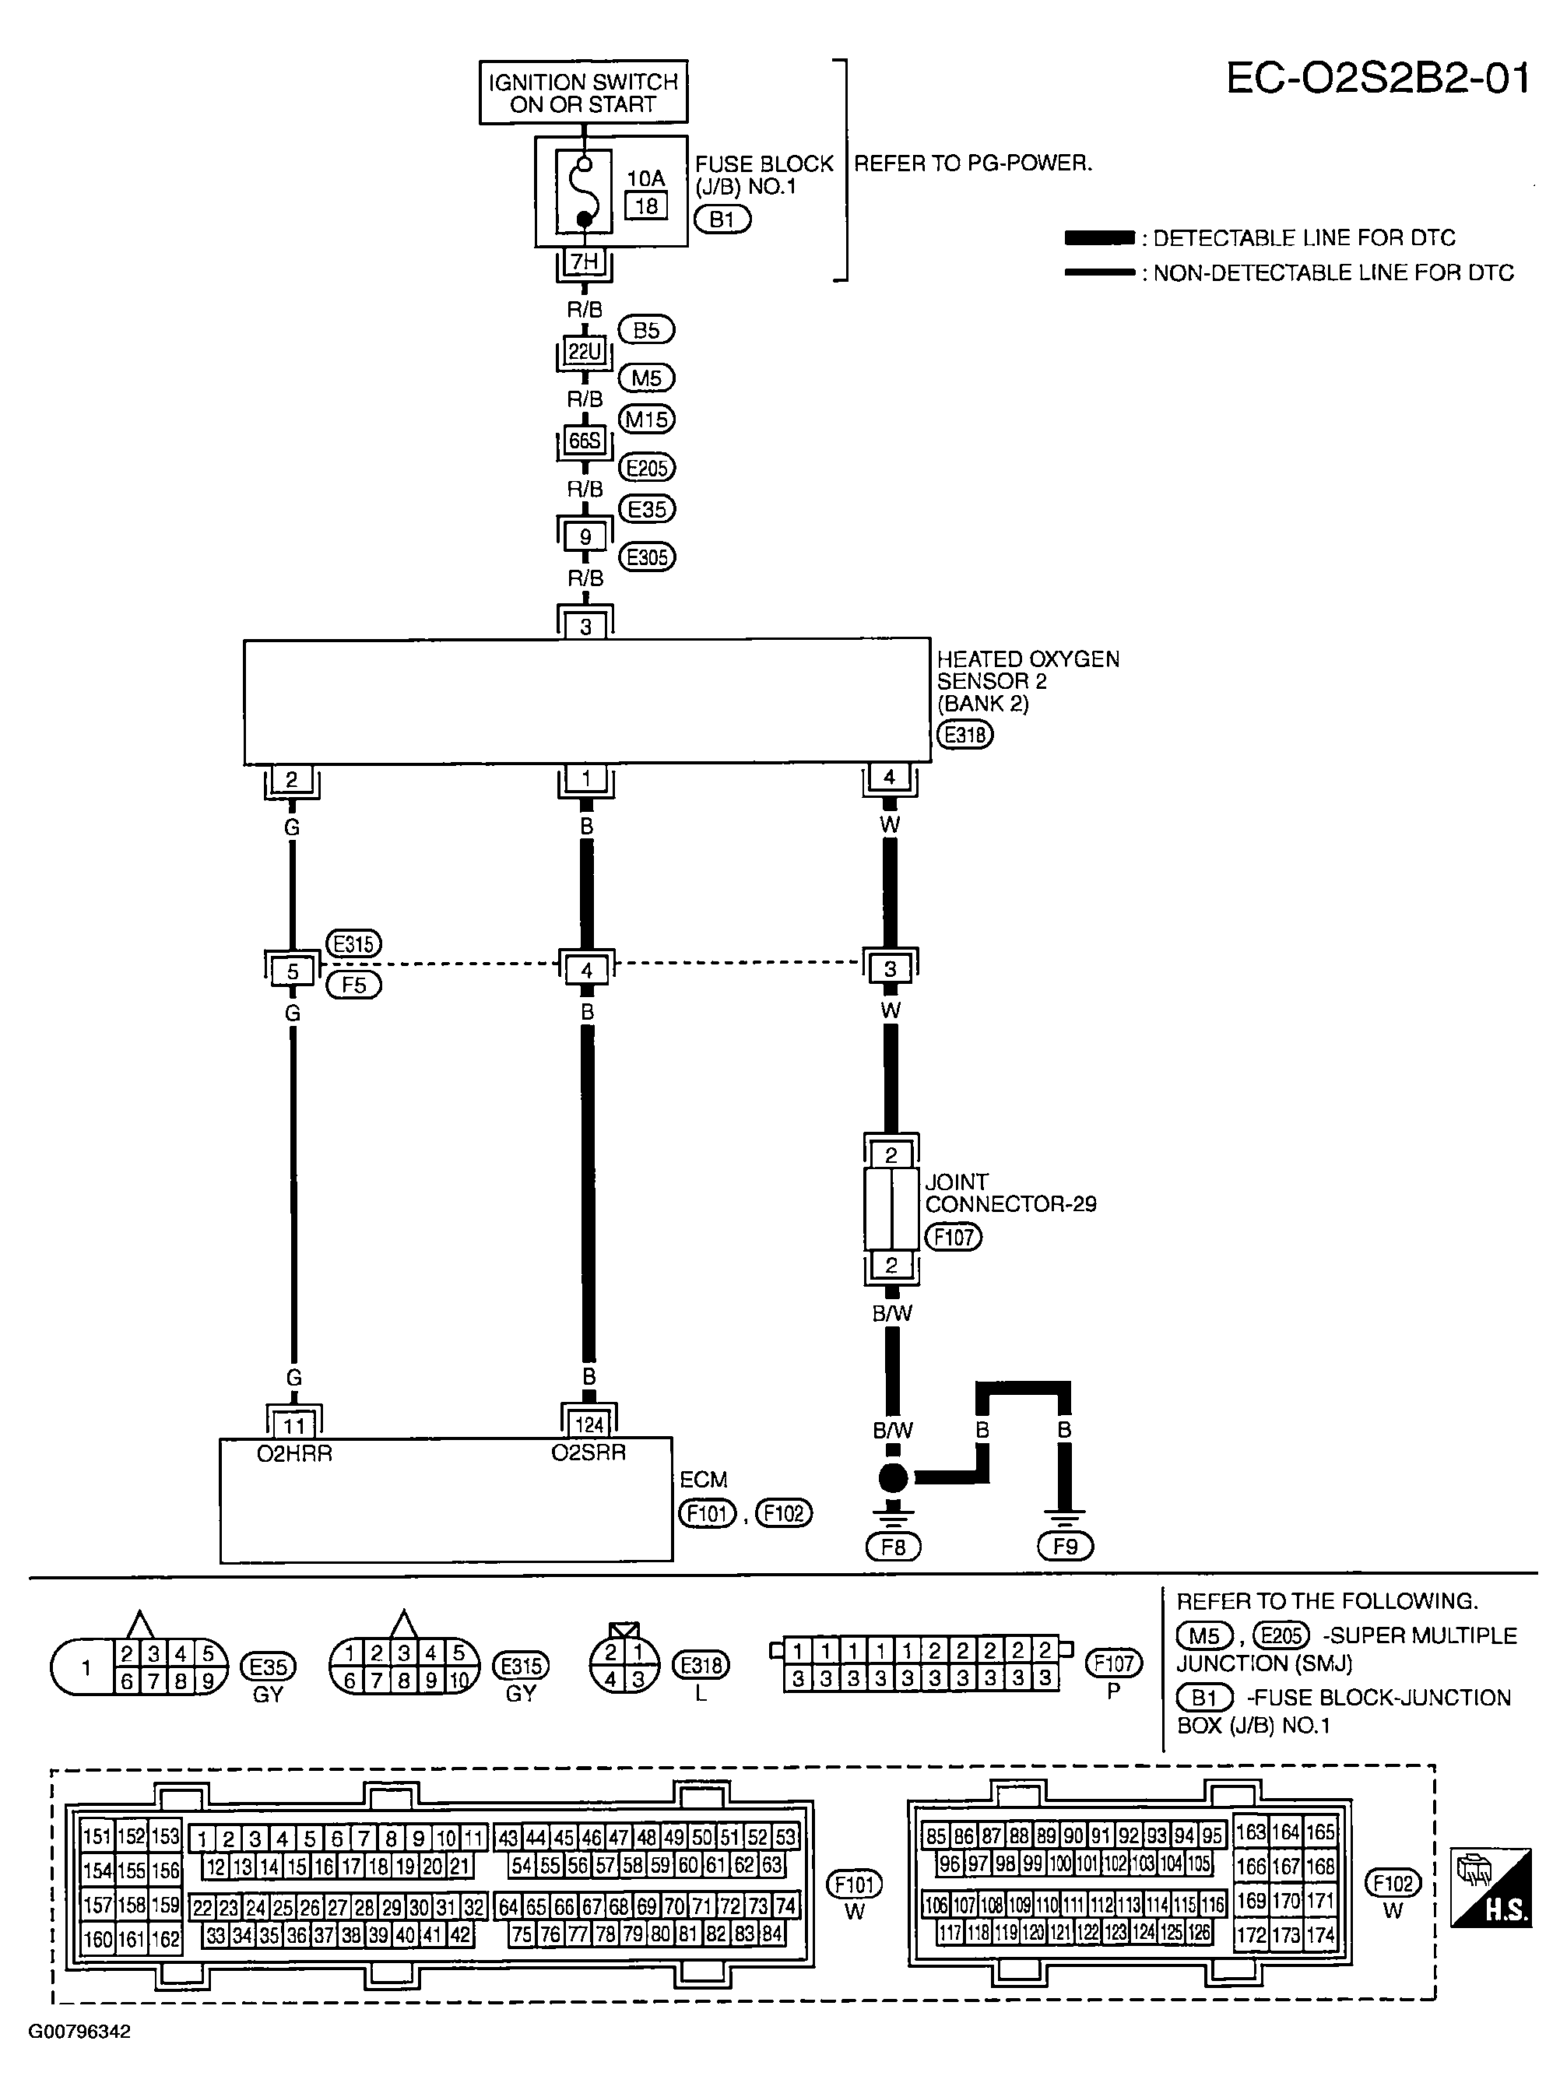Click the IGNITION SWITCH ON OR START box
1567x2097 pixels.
pyautogui.click(x=583, y=92)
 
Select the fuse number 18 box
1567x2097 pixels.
pyautogui.click(x=647, y=205)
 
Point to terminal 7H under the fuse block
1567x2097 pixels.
pyautogui.click(x=584, y=262)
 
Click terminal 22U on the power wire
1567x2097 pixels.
pyautogui.click(x=585, y=352)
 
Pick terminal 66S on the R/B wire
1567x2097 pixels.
pyautogui.click(x=584, y=441)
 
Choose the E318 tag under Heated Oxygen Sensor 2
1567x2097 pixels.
pyautogui.click(x=965, y=735)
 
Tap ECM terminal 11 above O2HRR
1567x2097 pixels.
pyautogui.click(x=294, y=1425)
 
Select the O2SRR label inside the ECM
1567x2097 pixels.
pyautogui.click(x=589, y=1452)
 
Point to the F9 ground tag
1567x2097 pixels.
pyautogui.click(x=1066, y=1546)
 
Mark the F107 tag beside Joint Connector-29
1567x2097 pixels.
pyautogui.click(x=954, y=1237)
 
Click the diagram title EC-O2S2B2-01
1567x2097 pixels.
pyautogui.click(x=1379, y=79)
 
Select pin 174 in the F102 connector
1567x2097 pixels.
pyautogui.click(x=1319, y=1935)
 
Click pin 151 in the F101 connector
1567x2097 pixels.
pyautogui.click(x=97, y=1835)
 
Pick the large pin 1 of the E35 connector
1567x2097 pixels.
pyautogui.click(x=86, y=1667)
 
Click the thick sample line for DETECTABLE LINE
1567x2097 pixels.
pyautogui.click(x=1100, y=238)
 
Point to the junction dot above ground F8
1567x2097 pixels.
pyautogui.click(x=893, y=1477)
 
